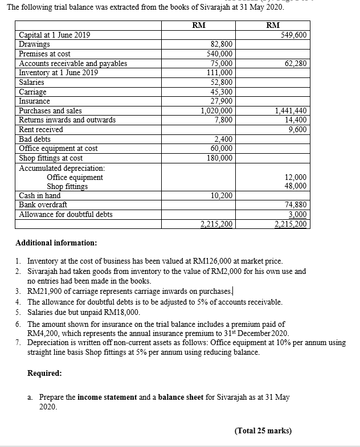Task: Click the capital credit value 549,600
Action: click(294, 35)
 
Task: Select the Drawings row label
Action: click(34, 44)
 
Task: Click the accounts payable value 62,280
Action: click(296, 63)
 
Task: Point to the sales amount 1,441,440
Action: click(291, 110)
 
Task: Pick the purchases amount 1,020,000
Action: click(216, 110)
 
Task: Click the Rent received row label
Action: click(41, 129)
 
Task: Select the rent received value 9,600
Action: click(298, 129)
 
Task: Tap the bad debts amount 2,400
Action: click(223, 139)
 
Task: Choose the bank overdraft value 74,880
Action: click(296, 205)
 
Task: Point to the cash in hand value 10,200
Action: click(221, 195)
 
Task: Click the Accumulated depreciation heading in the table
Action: click(62, 168)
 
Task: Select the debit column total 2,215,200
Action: click(216, 224)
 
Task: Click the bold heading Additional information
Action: click(56, 243)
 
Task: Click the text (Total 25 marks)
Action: click(263, 430)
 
